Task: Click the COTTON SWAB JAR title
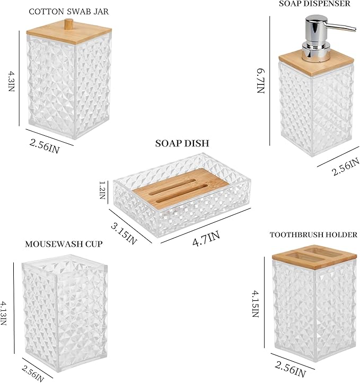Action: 69,12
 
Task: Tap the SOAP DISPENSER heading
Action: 314,3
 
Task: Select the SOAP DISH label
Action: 182,143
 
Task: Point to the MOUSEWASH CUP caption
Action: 64,244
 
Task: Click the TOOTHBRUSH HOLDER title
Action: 313,235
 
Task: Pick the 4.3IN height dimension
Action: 12,81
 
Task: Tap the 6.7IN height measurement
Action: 261,81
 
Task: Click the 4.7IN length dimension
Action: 206,238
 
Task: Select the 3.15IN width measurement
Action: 124,234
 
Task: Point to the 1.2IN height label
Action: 102,190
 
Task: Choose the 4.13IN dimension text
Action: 3,314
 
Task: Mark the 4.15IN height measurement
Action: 256,304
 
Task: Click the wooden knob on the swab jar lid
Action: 69,24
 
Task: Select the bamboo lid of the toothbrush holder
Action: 314,256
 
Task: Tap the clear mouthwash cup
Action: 64,313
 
